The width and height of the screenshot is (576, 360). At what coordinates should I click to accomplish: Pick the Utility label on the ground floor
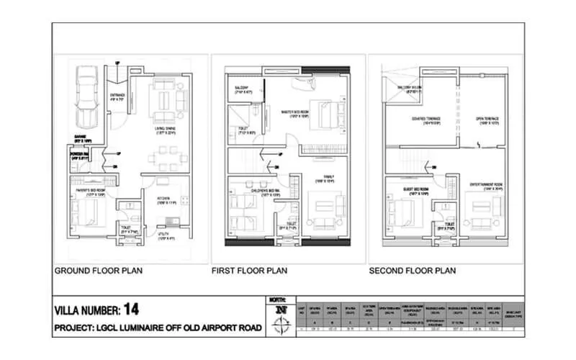pos(166,235)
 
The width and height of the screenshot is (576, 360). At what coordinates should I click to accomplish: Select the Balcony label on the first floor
pos(240,89)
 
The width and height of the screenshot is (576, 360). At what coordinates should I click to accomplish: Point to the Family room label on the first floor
pos(328,179)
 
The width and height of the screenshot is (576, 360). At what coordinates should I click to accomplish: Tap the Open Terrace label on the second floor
pos(485,120)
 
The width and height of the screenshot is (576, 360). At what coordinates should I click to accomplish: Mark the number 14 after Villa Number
pos(130,310)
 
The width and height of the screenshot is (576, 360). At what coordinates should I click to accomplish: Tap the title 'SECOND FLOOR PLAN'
pos(413,271)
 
